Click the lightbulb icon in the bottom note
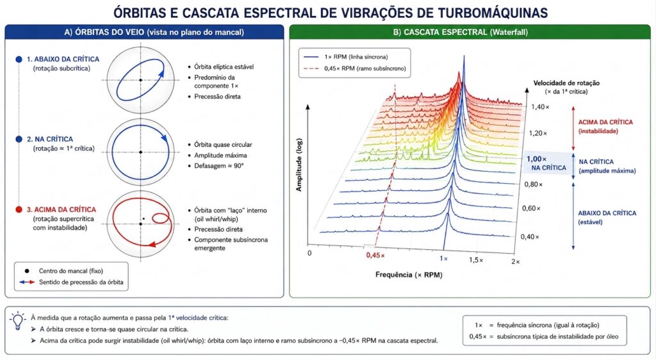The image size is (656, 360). pyautogui.click(x=17, y=321)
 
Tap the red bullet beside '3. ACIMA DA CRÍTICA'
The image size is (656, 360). pyautogui.click(x=19, y=209)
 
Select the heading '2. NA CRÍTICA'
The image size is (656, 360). pyautogui.click(x=50, y=139)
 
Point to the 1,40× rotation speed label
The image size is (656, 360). pyautogui.click(x=541, y=107)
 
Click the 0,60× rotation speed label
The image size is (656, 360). pyautogui.click(x=531, y=208)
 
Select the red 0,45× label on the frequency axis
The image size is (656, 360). pyautogui.click(x=375, y=255)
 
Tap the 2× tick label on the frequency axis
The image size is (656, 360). pyautogui.click(x=516, y=262)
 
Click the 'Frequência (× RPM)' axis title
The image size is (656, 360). pyautogui.click(x=409, y=275)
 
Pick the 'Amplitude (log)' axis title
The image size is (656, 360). pyautogui.click(x=299, y=165)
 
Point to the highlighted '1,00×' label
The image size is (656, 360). pyautogui.click(x=537, y=159)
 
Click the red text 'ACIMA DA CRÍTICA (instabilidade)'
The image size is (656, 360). pyautogui.click(x=605, y=126)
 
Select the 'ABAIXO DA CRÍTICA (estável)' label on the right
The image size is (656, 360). pyautogui.click(x=607, y=217)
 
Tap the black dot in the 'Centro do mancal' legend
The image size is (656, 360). pyautogui.click(x=27, y=271)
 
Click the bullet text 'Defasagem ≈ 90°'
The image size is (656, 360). pyautogui.click(x=219, y=166)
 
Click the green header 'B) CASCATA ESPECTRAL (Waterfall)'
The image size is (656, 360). pyautogui.click(x=460, y=32)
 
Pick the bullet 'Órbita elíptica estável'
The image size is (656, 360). pyautogui.click(x=224, y=67)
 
